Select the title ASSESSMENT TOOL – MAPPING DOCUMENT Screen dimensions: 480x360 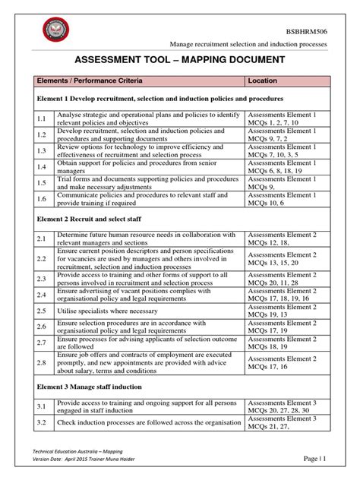tap(179, 60)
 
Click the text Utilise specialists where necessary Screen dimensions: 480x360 tap(112, 311)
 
